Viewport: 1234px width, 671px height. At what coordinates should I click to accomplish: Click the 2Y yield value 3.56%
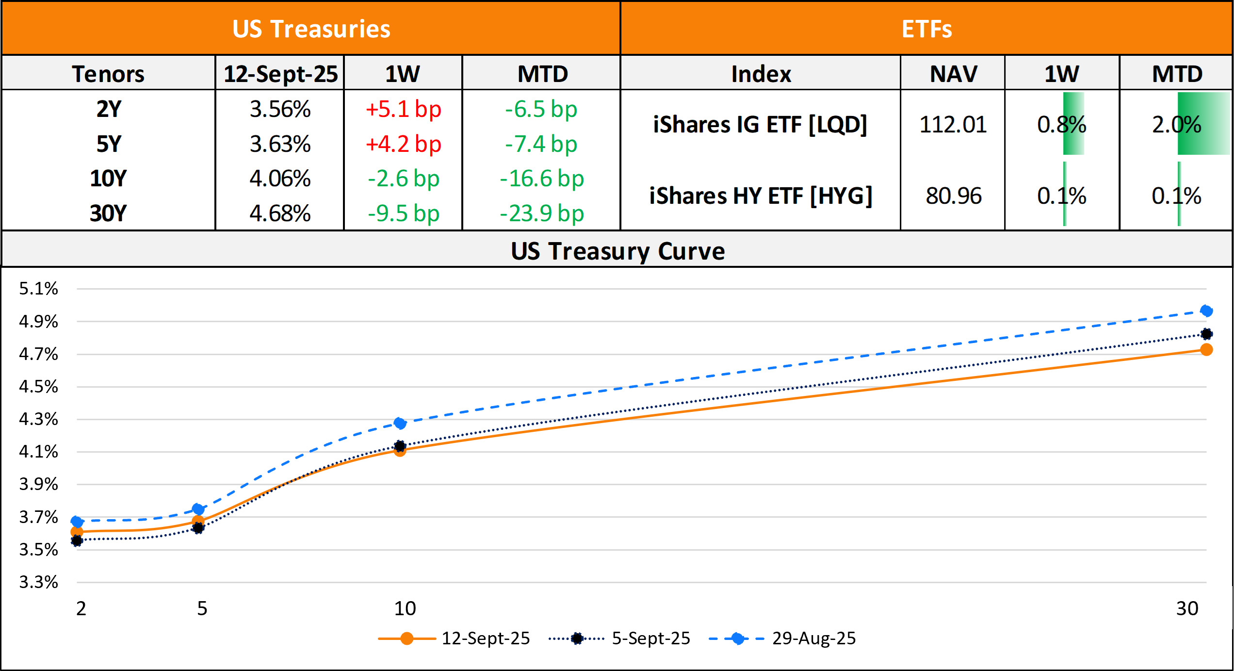tap(280, 109)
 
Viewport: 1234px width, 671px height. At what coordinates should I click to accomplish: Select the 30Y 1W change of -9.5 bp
tap(403, 213)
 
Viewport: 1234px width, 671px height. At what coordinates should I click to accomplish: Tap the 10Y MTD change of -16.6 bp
tap(541, 179)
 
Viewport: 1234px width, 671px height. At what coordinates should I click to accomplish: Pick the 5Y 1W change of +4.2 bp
tap(403, 144)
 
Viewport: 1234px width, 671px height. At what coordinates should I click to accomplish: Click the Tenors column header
tap(108, 74)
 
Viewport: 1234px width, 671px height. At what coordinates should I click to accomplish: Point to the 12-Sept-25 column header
tap(280, 74)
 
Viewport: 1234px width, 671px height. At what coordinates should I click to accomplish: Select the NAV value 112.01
tap(953, 125)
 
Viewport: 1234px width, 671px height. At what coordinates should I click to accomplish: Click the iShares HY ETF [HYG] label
tap(761, 196)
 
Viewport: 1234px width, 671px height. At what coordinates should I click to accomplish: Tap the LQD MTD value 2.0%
tap(1176, 125)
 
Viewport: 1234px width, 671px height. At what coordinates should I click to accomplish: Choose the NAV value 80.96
tap(953, 196)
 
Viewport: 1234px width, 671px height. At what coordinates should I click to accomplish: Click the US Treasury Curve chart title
tap(617, 251)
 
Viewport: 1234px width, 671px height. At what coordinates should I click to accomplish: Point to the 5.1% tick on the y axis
tap(38, 289)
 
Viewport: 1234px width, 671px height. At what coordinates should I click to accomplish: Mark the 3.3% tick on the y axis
tap(38, 582)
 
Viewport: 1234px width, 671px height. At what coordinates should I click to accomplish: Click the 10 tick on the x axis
tap(405, 608)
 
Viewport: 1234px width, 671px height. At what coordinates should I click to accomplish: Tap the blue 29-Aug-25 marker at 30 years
tap(1206, 311)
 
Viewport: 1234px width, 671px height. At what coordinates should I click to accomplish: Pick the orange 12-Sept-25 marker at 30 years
tap(1206, 350)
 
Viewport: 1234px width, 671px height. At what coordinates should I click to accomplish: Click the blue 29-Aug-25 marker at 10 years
tap(400, 424)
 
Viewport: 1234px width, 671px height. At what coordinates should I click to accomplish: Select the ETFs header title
tap(926, 29)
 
